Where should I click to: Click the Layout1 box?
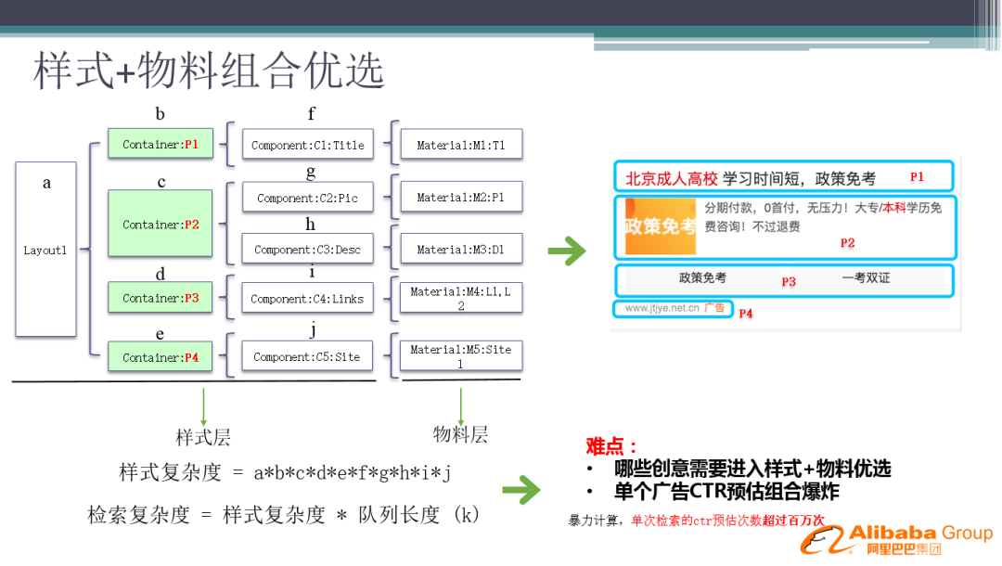point(45,249)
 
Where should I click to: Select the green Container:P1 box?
point(161,144)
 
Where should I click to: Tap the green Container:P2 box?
point(161,224)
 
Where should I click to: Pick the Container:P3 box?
point(161,298)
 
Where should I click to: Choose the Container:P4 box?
point(161,357)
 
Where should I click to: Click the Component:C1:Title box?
point(308,145)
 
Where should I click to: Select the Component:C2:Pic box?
point(308,198)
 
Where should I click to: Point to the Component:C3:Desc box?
point(308,250)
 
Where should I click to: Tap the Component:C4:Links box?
point(308,299)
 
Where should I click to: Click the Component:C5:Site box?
point(308,357)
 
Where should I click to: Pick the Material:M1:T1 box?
point(461,145)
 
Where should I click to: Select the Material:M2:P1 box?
point(461,197)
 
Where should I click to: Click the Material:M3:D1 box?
point(461,249)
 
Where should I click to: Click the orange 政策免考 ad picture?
point(660,226)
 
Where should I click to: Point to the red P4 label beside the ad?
point(746,314)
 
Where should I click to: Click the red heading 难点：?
point(612,446)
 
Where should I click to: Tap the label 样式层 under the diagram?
point(203,438)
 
